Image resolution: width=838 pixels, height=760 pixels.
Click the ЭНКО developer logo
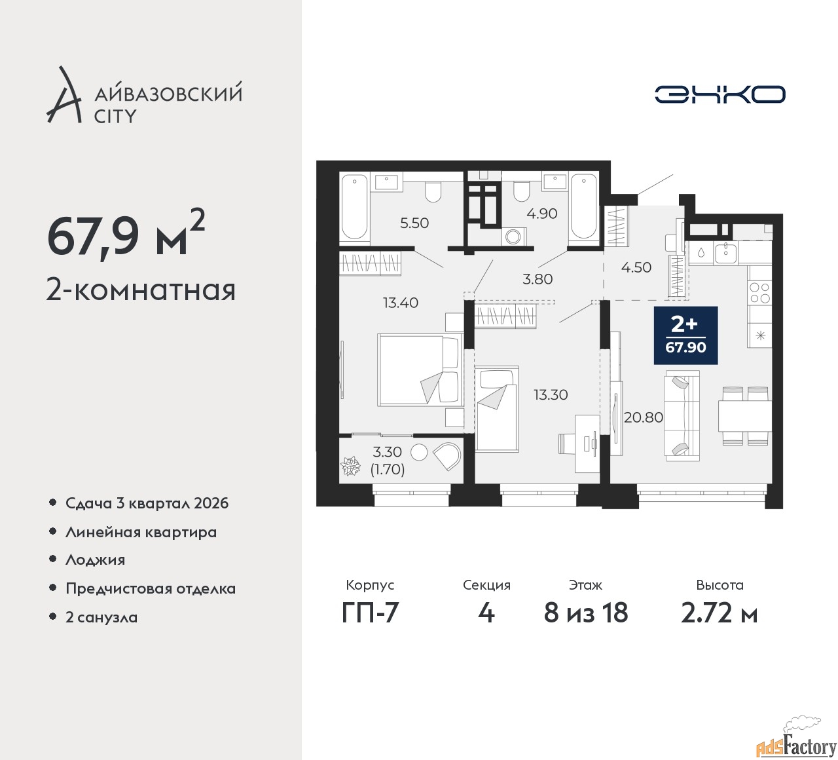(720, 94)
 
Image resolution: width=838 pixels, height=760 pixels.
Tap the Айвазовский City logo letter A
(63, 94)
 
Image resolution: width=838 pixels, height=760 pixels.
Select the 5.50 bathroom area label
(414, 223)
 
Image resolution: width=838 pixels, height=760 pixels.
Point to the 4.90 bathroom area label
(542, 214)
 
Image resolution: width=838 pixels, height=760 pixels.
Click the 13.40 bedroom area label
(401, 302)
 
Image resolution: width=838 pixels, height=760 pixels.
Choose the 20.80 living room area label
(644, 417)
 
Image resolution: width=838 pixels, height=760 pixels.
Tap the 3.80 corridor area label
(537, 279)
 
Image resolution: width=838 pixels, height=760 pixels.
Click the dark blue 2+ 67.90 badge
(686, 335)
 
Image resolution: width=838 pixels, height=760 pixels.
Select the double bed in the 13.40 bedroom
(420, 370)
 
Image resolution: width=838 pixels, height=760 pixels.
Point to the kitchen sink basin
(725, 252)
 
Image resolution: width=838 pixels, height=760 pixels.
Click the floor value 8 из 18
(586, 613)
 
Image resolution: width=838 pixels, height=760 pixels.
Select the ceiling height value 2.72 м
(720, 613)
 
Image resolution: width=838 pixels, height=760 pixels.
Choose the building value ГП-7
(370, 613)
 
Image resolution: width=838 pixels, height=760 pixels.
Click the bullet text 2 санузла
(101, 617)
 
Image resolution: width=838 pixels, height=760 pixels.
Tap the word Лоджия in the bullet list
(95, 560)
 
